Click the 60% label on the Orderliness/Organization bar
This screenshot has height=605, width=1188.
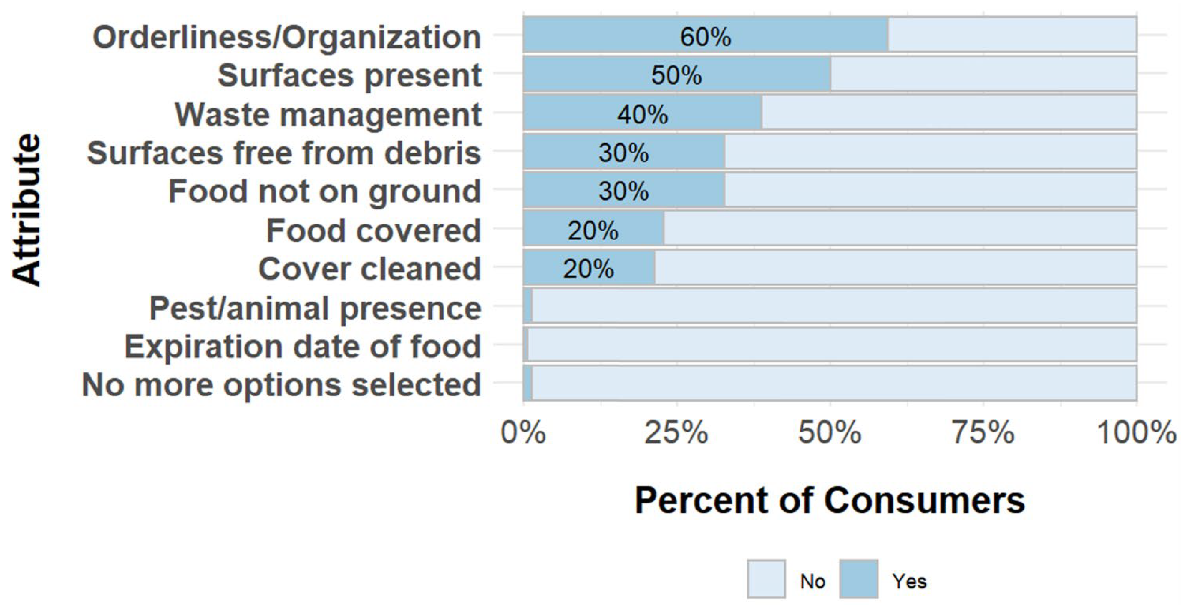pyautogui.click(x=705, y=37)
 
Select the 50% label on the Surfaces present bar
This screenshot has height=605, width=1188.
pyautogui.click(x=676, y=75)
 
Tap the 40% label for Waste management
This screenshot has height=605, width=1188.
pyautogui.click(x=643, y=114)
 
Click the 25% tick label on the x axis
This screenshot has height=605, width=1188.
pyautogui.click(x=676, y=433)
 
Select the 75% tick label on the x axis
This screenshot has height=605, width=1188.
pyautogui.click(x=983, y=433)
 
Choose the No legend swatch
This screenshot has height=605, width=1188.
pyautogui.click(x=766, y=579)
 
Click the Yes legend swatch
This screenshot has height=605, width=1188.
pyautogui.click(x=858, y=579)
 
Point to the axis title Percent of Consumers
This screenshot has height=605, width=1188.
pyautogui.click(x=830, y=501)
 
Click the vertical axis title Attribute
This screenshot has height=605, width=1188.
pyautogui.click(x=27, y=210)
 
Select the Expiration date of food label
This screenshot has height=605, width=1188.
pyautogui.click(x=303, y=347)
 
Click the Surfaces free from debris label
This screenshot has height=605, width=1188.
pyautogui.click(x=284, y=153)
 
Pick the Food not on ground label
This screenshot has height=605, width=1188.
pyautogui.click(x=325, y=192)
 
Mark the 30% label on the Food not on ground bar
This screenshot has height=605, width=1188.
pyautogui.click(x=623, y=191)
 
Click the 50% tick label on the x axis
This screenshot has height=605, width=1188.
pyautogui.click(x=830, y=433)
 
